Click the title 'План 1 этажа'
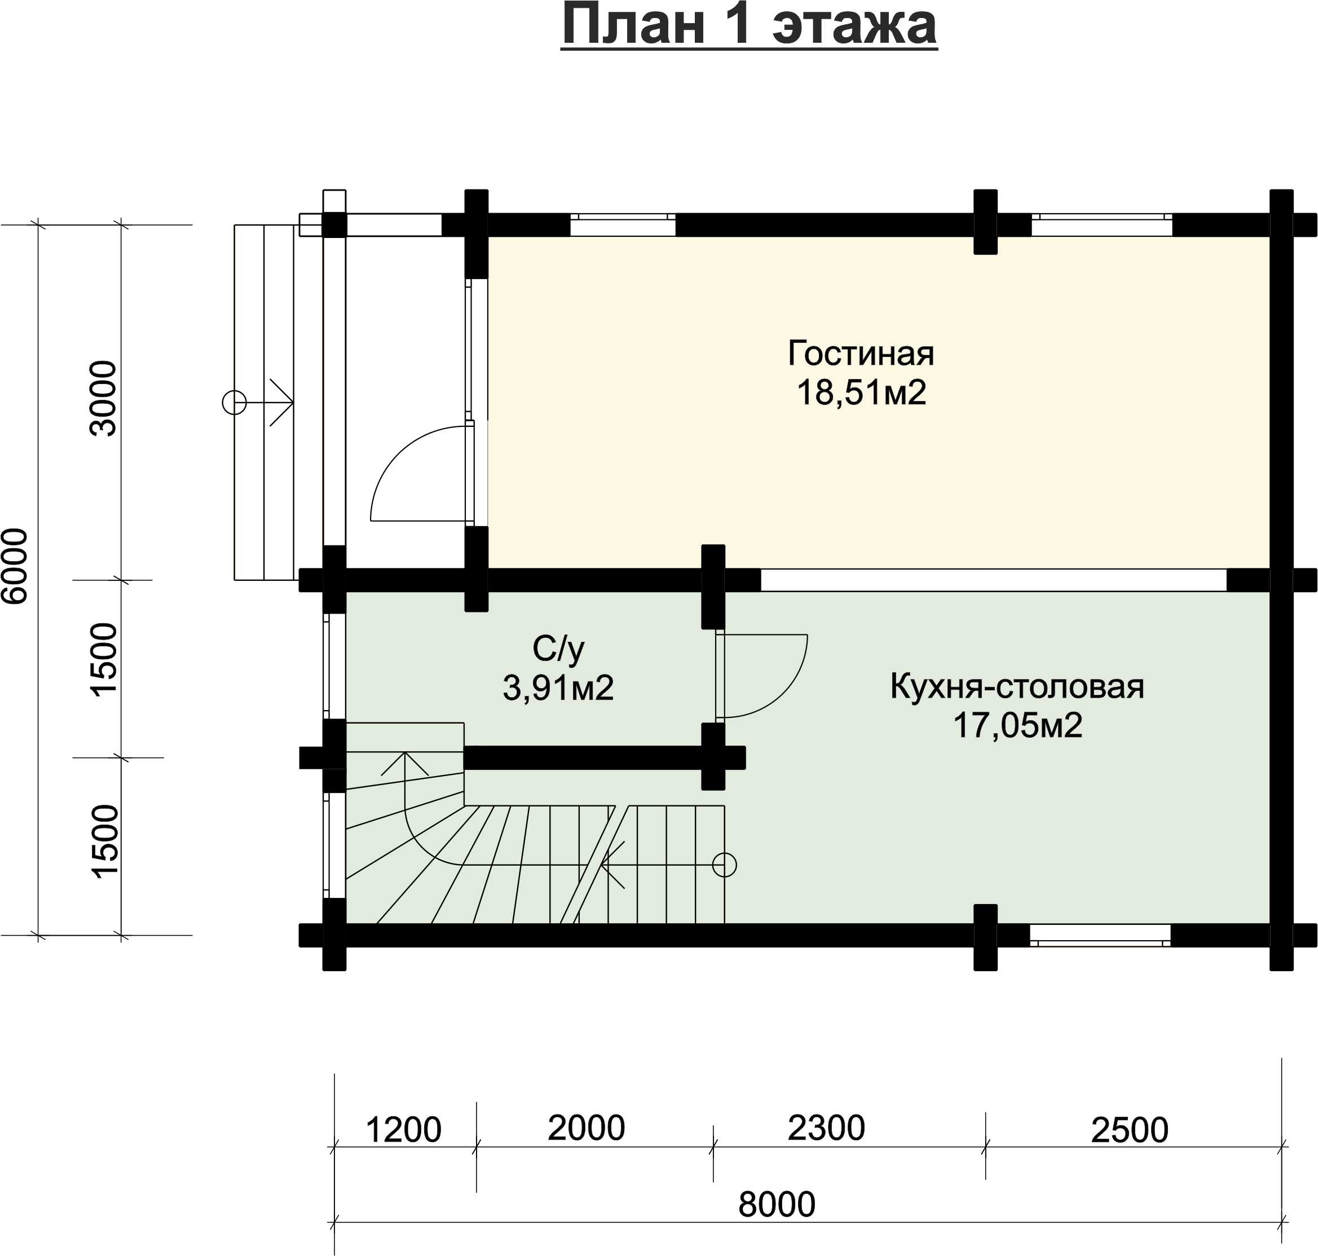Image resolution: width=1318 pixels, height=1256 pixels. pyautogui.click(x=749, y=25)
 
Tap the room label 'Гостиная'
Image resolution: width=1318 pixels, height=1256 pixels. pyautogui.click(x=861, y=353)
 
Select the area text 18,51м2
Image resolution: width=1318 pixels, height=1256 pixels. pyautogui.click(x=861, y=393)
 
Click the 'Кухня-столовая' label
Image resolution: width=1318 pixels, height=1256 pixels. pyautogui.click(x=1017, y=687)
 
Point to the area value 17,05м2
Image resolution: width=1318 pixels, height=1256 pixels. pyautogui.click(x=1017, y=726)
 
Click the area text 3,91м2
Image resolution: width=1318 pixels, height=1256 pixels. pyautogui.click(x=558, y=688)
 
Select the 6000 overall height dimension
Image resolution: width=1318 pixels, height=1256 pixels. pyautogui.click(x=15, y=566)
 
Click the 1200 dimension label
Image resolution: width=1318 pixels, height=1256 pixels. pyautogui.click(x=404, y=1130)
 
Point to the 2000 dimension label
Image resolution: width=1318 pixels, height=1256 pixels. pyautogui.click(x=587, y=1128)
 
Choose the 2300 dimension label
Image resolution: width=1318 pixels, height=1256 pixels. pyautogui.click(x=826, y=1128)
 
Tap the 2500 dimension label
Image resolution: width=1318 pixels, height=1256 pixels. pyautogui.click(x=1130, y=1130)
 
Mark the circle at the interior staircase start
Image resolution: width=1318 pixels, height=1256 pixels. pyautogui.click(x=724, y=865)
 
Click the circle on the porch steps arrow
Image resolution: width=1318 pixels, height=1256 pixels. pyautogui.click(x=234, y=402)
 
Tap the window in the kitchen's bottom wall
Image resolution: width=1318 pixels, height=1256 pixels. pyautogui.click(x=1100, y=935)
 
